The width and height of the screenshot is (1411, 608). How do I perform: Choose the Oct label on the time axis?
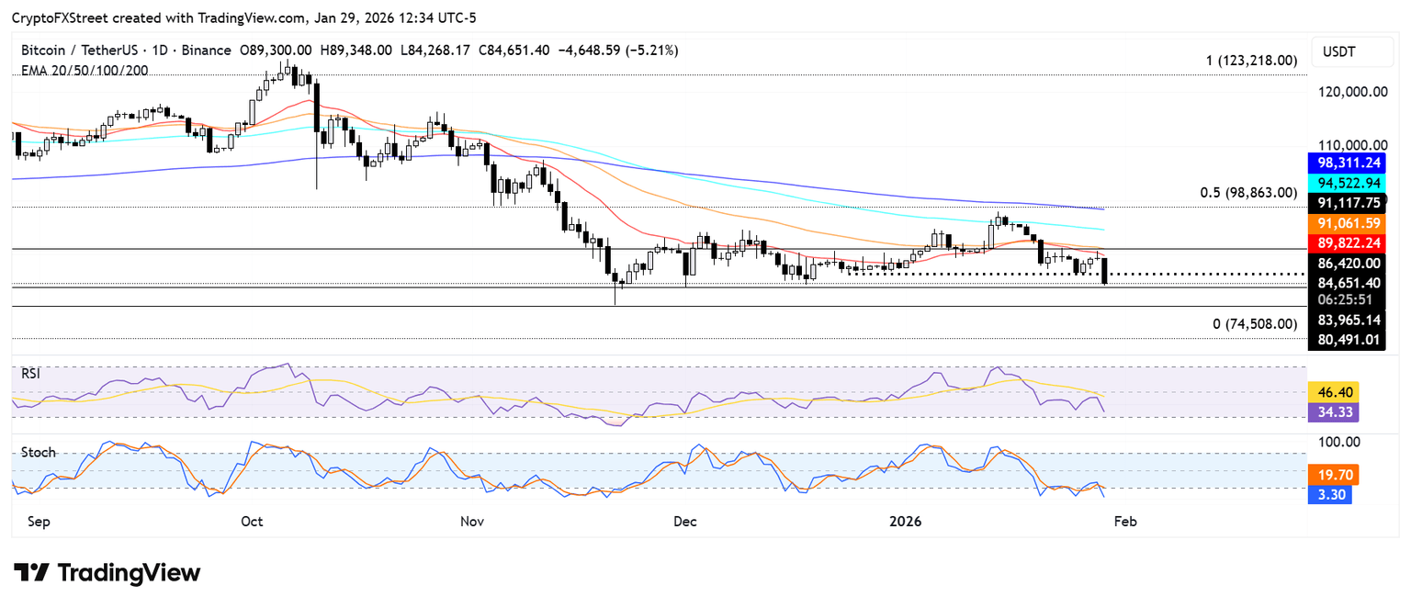(x=252, y=522)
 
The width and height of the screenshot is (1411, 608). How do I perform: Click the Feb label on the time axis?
(x=1125, y=522)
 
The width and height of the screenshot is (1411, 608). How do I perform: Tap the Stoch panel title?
(x=39, y=453)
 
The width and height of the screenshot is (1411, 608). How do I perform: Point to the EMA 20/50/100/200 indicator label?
(x=85, y=70)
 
